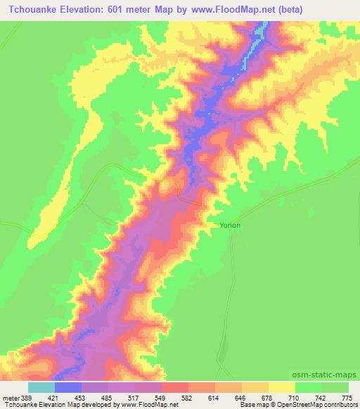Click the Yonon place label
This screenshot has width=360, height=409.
230,225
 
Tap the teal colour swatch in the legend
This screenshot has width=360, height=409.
41,387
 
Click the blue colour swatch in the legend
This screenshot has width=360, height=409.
68,387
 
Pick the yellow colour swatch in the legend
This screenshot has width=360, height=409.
282,387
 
